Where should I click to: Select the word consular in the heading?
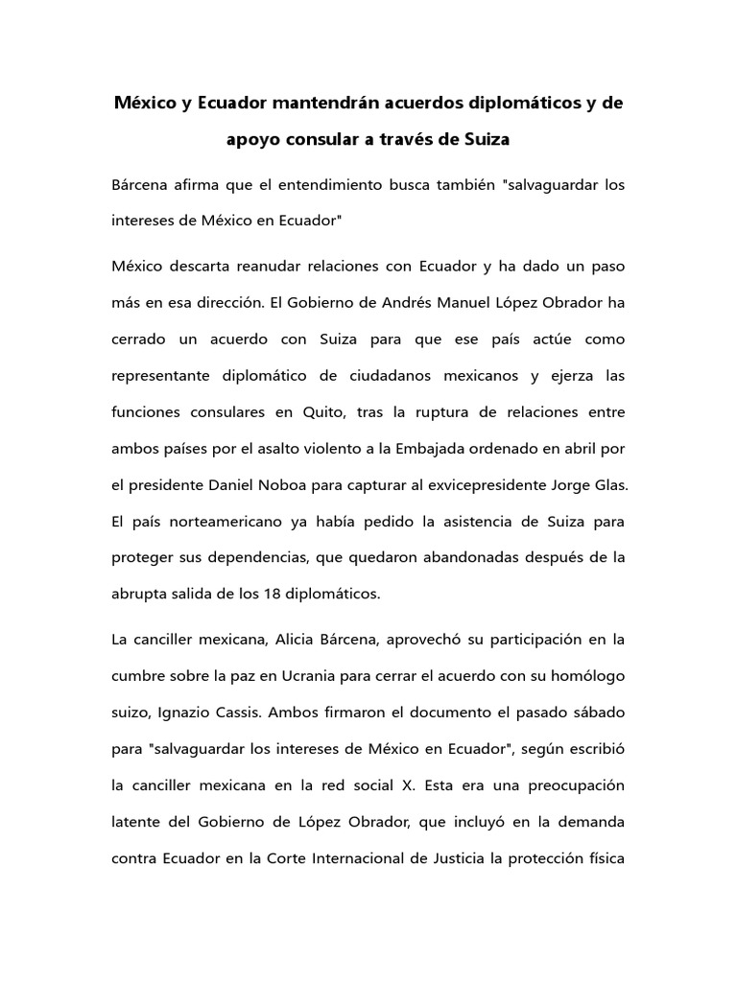point(333,139)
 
